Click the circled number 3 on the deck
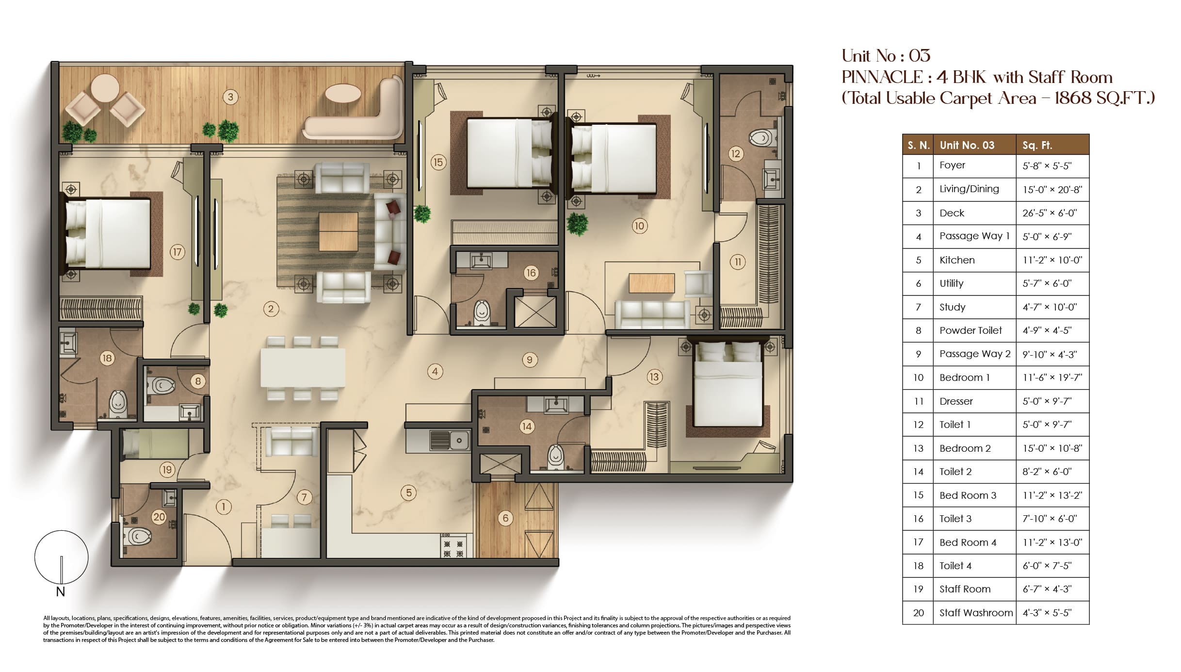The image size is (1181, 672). click(x=230, y=97)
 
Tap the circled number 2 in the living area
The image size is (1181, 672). click(x=271, y=309)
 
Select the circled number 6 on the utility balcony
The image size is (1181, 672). click(x=505, y=518)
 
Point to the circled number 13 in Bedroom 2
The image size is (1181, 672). click(x=654, y=377)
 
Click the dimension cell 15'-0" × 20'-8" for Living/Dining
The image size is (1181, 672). click(x=1052, y=190)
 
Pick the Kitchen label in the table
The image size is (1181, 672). click(x=957, y=260)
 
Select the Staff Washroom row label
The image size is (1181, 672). click(x=976, y=613)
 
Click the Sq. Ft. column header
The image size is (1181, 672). click(x=1037, y=145)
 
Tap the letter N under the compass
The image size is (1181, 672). click(x=60, y=591)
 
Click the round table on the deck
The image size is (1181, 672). click(x=105, y=88)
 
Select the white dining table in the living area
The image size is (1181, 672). click(x=303, y=367)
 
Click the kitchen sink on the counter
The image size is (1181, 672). click(x=449, y=440)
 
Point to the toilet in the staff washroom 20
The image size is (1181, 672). click(x=137, y=537)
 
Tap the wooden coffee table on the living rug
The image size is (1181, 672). click(x=339, y=232)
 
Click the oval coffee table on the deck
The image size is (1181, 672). click(x=342, y=94)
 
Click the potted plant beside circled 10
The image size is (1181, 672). click(x=577, y=224)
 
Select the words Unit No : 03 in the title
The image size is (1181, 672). click(x=886, y=56)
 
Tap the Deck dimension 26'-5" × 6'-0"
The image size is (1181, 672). click(x=1050, y=213)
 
